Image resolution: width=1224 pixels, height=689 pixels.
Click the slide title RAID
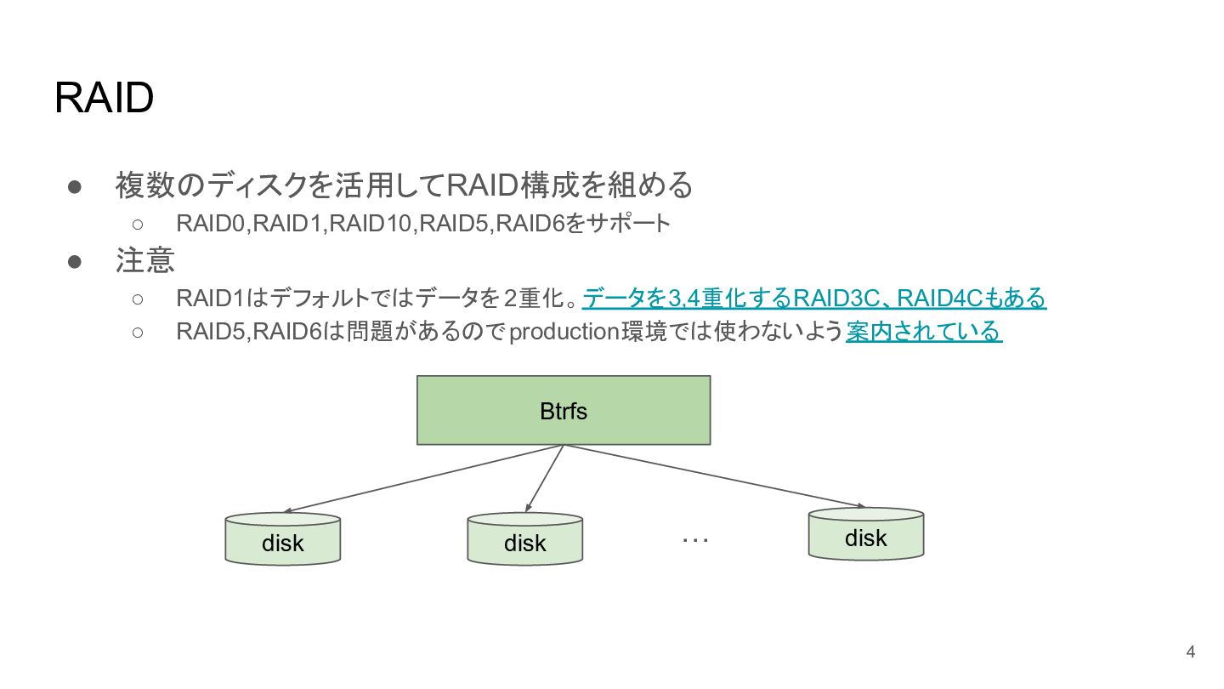pos(104,97)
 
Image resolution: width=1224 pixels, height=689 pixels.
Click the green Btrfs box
pos(564,410)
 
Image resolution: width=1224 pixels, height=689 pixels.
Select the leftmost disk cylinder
pos(283,538)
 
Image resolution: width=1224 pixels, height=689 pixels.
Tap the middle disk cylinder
pos(525,538)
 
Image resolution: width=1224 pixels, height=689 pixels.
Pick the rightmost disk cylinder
pos(866,533)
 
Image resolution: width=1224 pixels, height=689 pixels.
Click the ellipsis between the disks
pos(695,540)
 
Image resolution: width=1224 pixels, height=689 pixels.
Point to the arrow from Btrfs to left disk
pos(423,478)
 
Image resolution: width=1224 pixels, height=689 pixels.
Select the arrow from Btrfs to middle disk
pos(544,478)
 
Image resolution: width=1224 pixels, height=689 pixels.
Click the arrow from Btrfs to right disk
pos(714,475)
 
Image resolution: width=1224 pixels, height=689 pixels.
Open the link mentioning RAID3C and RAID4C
pos(814,299)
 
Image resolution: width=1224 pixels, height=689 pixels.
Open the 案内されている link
pos(924,332)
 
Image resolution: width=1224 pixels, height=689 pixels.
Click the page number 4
pos(1191,652)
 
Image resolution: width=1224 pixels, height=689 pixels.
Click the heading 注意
pos(144,260)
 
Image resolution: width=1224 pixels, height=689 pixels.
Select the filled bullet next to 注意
pos(74,262)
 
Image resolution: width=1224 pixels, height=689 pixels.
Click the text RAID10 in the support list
pos(370,224)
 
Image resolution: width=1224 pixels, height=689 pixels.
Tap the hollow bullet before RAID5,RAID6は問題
pos(138,333)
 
